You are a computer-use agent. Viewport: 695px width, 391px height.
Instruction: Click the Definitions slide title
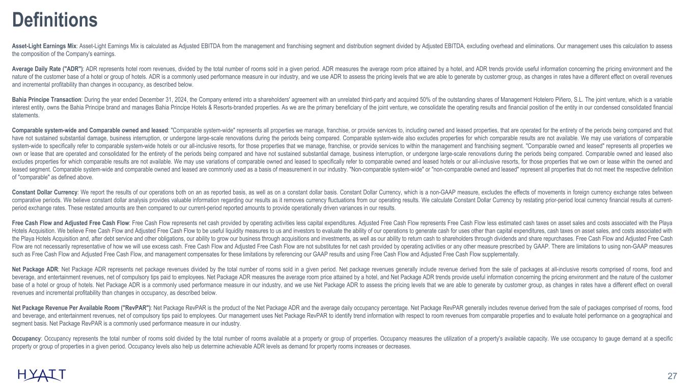[54, 20]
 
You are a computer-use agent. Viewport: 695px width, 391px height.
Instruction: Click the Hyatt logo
[41, 375]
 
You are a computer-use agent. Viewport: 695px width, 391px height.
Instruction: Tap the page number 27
[672, 376]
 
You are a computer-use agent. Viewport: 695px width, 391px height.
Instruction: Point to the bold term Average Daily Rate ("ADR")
[48, 68]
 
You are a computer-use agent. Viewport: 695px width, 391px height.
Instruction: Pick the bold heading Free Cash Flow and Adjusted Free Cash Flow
[70, 222]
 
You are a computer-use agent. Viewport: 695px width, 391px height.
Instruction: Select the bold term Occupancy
[25, 338]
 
